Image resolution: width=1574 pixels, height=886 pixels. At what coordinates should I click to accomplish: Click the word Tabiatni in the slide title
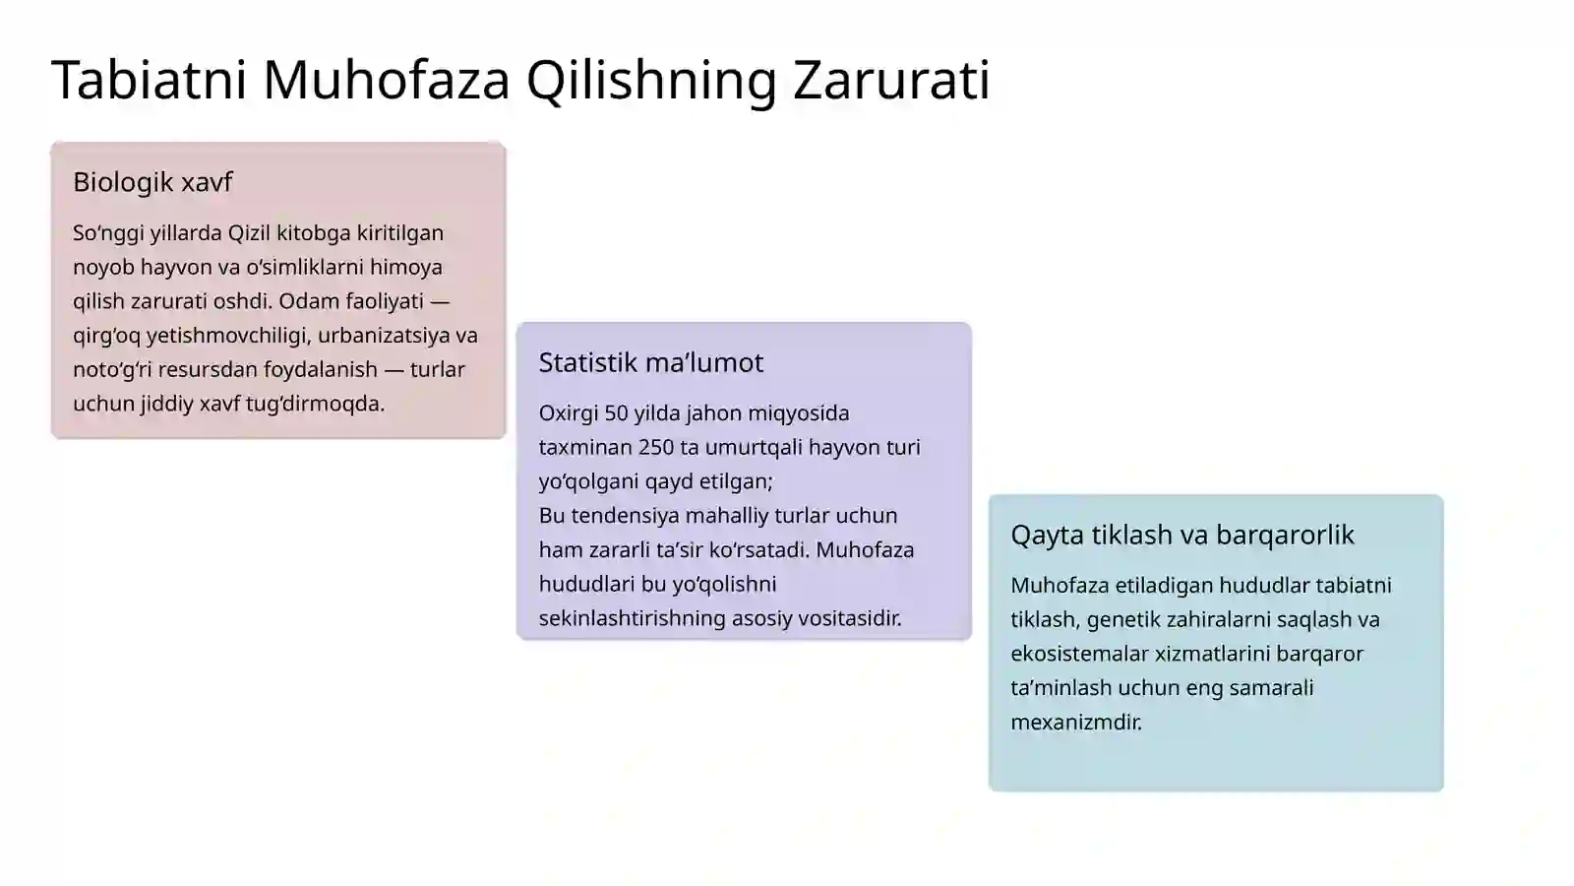tap(149, 80)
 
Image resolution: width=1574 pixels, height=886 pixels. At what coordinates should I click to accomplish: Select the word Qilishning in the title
tap(652, 80)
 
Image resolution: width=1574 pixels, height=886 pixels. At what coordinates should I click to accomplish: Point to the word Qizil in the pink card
tap(249, 233)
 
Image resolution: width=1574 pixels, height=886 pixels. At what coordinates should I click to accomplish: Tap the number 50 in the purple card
tap(616, 413)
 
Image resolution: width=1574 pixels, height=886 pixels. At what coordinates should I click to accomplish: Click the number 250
tap(656, 447)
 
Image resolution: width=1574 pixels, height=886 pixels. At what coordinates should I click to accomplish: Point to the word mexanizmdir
tap(1076, 723)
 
